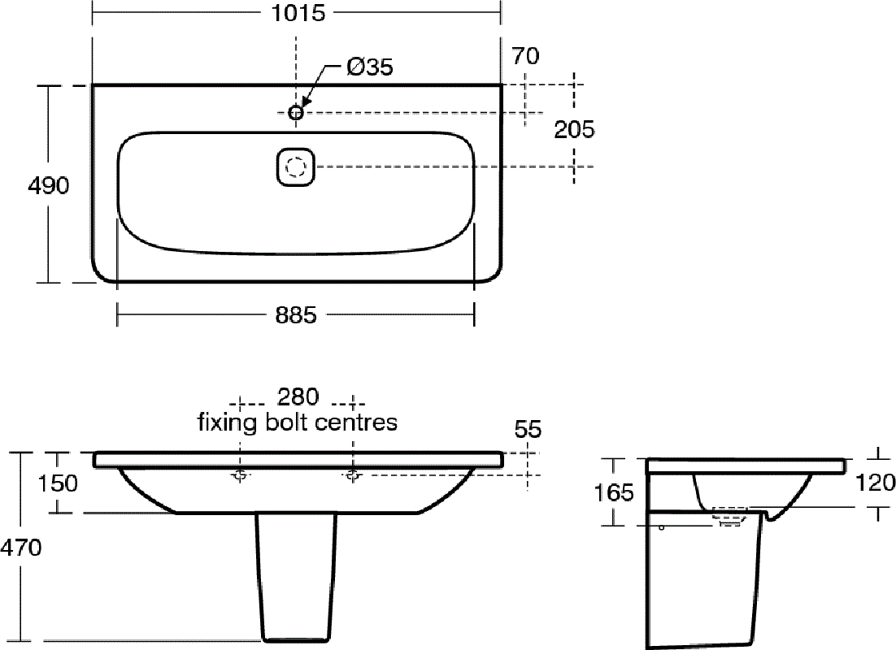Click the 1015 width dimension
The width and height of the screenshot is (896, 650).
point(297,12)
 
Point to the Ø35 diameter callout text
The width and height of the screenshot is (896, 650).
point(370,67)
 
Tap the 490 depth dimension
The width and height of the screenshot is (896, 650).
point(49,185)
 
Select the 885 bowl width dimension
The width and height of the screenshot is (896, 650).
point(296,314)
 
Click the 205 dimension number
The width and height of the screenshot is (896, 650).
point(574,130)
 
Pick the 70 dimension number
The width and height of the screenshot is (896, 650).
point(525,56)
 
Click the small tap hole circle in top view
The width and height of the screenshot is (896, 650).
point(295,112)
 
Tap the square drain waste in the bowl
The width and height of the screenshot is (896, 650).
point(295,167)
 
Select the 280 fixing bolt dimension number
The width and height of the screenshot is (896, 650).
point(298,396)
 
